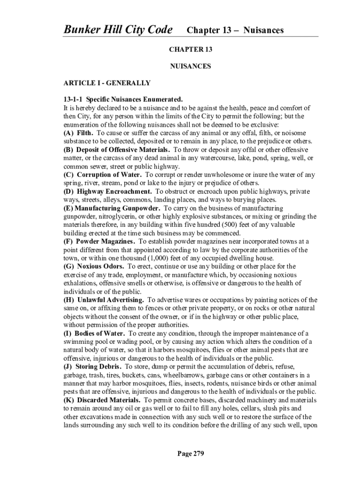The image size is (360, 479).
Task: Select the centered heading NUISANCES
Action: click(x=190, y=66)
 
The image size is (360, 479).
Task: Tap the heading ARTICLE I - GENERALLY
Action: click(x=107, y=83)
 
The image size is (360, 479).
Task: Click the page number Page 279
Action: click(x=190, y=453)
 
